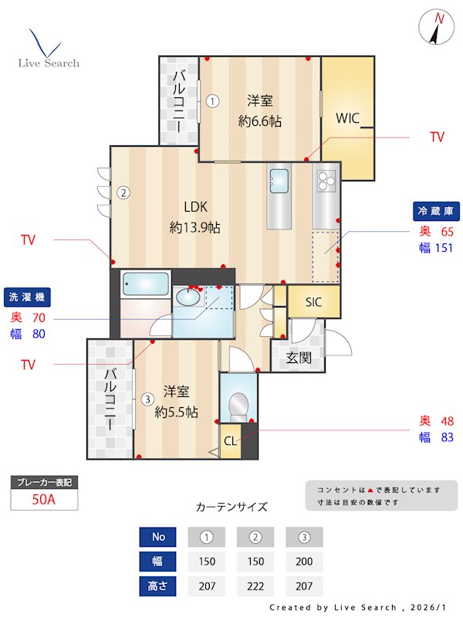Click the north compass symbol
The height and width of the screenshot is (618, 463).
(437, 29)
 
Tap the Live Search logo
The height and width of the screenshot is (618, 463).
(48, 50)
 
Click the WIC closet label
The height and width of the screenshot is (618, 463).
(348, 118)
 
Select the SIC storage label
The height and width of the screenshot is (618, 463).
(314, 301)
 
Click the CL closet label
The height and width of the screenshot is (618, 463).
(230, 441)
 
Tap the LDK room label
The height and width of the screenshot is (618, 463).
(195, 206)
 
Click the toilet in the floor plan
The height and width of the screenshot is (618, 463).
(238, 404)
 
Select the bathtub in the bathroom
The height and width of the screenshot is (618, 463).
(145, 284)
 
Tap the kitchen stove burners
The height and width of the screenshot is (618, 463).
(326, 182)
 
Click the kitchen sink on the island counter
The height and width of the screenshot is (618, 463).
(279, 181)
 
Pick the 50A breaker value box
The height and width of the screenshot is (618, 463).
(44, 499)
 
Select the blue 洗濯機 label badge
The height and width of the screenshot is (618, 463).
(27, 297)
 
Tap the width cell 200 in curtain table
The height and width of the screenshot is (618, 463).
(304, 561)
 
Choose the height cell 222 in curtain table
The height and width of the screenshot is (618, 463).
(255, 586)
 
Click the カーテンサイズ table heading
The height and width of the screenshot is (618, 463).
(231, 507)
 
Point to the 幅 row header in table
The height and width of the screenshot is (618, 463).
(157, 561)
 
